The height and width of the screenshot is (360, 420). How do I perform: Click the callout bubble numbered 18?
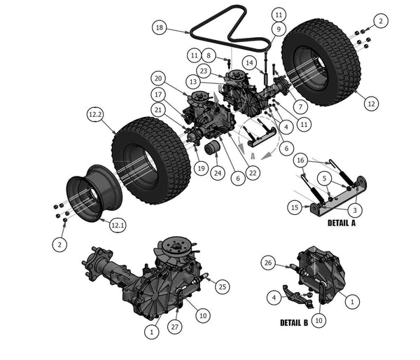(x=160, y=28)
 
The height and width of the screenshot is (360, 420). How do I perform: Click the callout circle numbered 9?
(x=278, y=29)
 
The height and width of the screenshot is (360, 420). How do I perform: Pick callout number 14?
(x=249, y=62)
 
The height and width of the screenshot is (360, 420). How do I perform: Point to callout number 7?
(x=300, y=107)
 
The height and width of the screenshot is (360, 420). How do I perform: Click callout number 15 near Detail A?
(x=295, y=207)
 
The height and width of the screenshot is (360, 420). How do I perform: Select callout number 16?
(x=300, y=160)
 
